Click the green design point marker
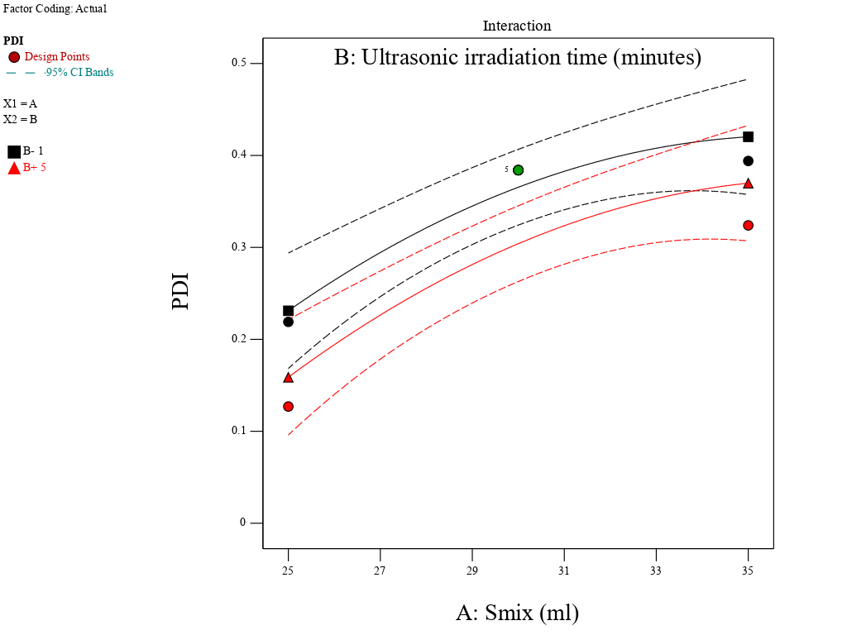[518, 170]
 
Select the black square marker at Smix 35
[748, 137]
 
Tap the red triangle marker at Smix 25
[288, 378]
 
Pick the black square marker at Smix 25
[288, 311]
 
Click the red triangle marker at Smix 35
[748, 184]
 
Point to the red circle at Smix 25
[288, 407]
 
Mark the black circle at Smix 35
[748, 161]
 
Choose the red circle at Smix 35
[748, 226]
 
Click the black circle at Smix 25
[288, 322]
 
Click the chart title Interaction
[517, 26]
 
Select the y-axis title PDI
[180, 291]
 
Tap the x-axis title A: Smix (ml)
[517, 614]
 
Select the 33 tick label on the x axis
[656, 571]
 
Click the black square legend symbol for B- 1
[14, 151]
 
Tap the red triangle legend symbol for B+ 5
[14, 168]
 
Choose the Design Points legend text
[57, 57]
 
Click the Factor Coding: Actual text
[55, 9]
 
